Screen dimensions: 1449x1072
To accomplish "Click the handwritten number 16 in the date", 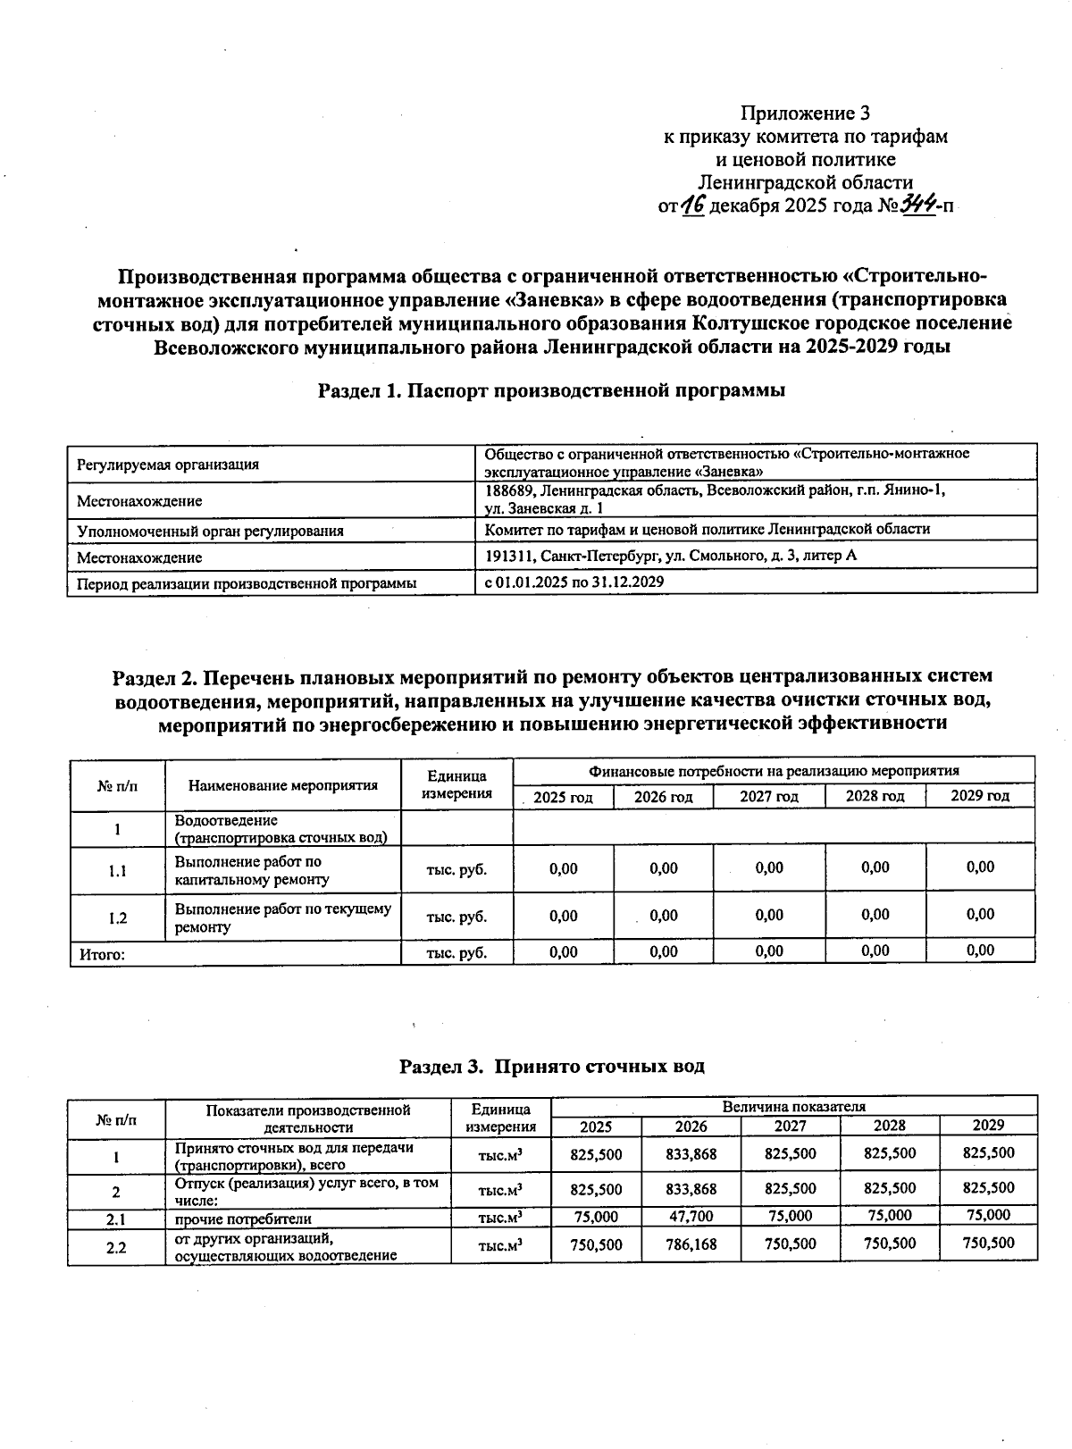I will pos(692,206).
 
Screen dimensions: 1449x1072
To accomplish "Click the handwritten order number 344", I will pos(917,205).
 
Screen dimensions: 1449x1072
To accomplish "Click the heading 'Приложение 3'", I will pos(805,113).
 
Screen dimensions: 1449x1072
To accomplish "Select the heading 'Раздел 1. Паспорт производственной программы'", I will pos(551,390).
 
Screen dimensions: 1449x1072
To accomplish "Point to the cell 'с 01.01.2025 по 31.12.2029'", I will pos(574,582).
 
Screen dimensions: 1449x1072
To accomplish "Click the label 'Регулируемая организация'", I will pos(168,465).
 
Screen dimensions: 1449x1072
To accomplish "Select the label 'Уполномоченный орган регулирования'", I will pos(210,531).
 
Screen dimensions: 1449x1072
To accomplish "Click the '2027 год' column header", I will pos(768,797).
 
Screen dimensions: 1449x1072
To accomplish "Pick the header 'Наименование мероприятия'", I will pos(282,786).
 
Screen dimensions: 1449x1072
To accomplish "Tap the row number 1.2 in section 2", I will pos(117,917).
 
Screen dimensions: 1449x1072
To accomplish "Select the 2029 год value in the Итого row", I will pos(980,951).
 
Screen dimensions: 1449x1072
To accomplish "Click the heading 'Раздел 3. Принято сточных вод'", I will pos(551,1066).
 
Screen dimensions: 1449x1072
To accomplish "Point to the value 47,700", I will pos(691,1217).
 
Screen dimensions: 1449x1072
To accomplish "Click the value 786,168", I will pos(691,1244).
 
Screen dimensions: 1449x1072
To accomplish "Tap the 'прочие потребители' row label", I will pos(243,1219).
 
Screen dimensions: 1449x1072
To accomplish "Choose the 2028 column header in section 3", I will pos(889,1126).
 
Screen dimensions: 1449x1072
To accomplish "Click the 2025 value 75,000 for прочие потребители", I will pos(596,1217).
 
